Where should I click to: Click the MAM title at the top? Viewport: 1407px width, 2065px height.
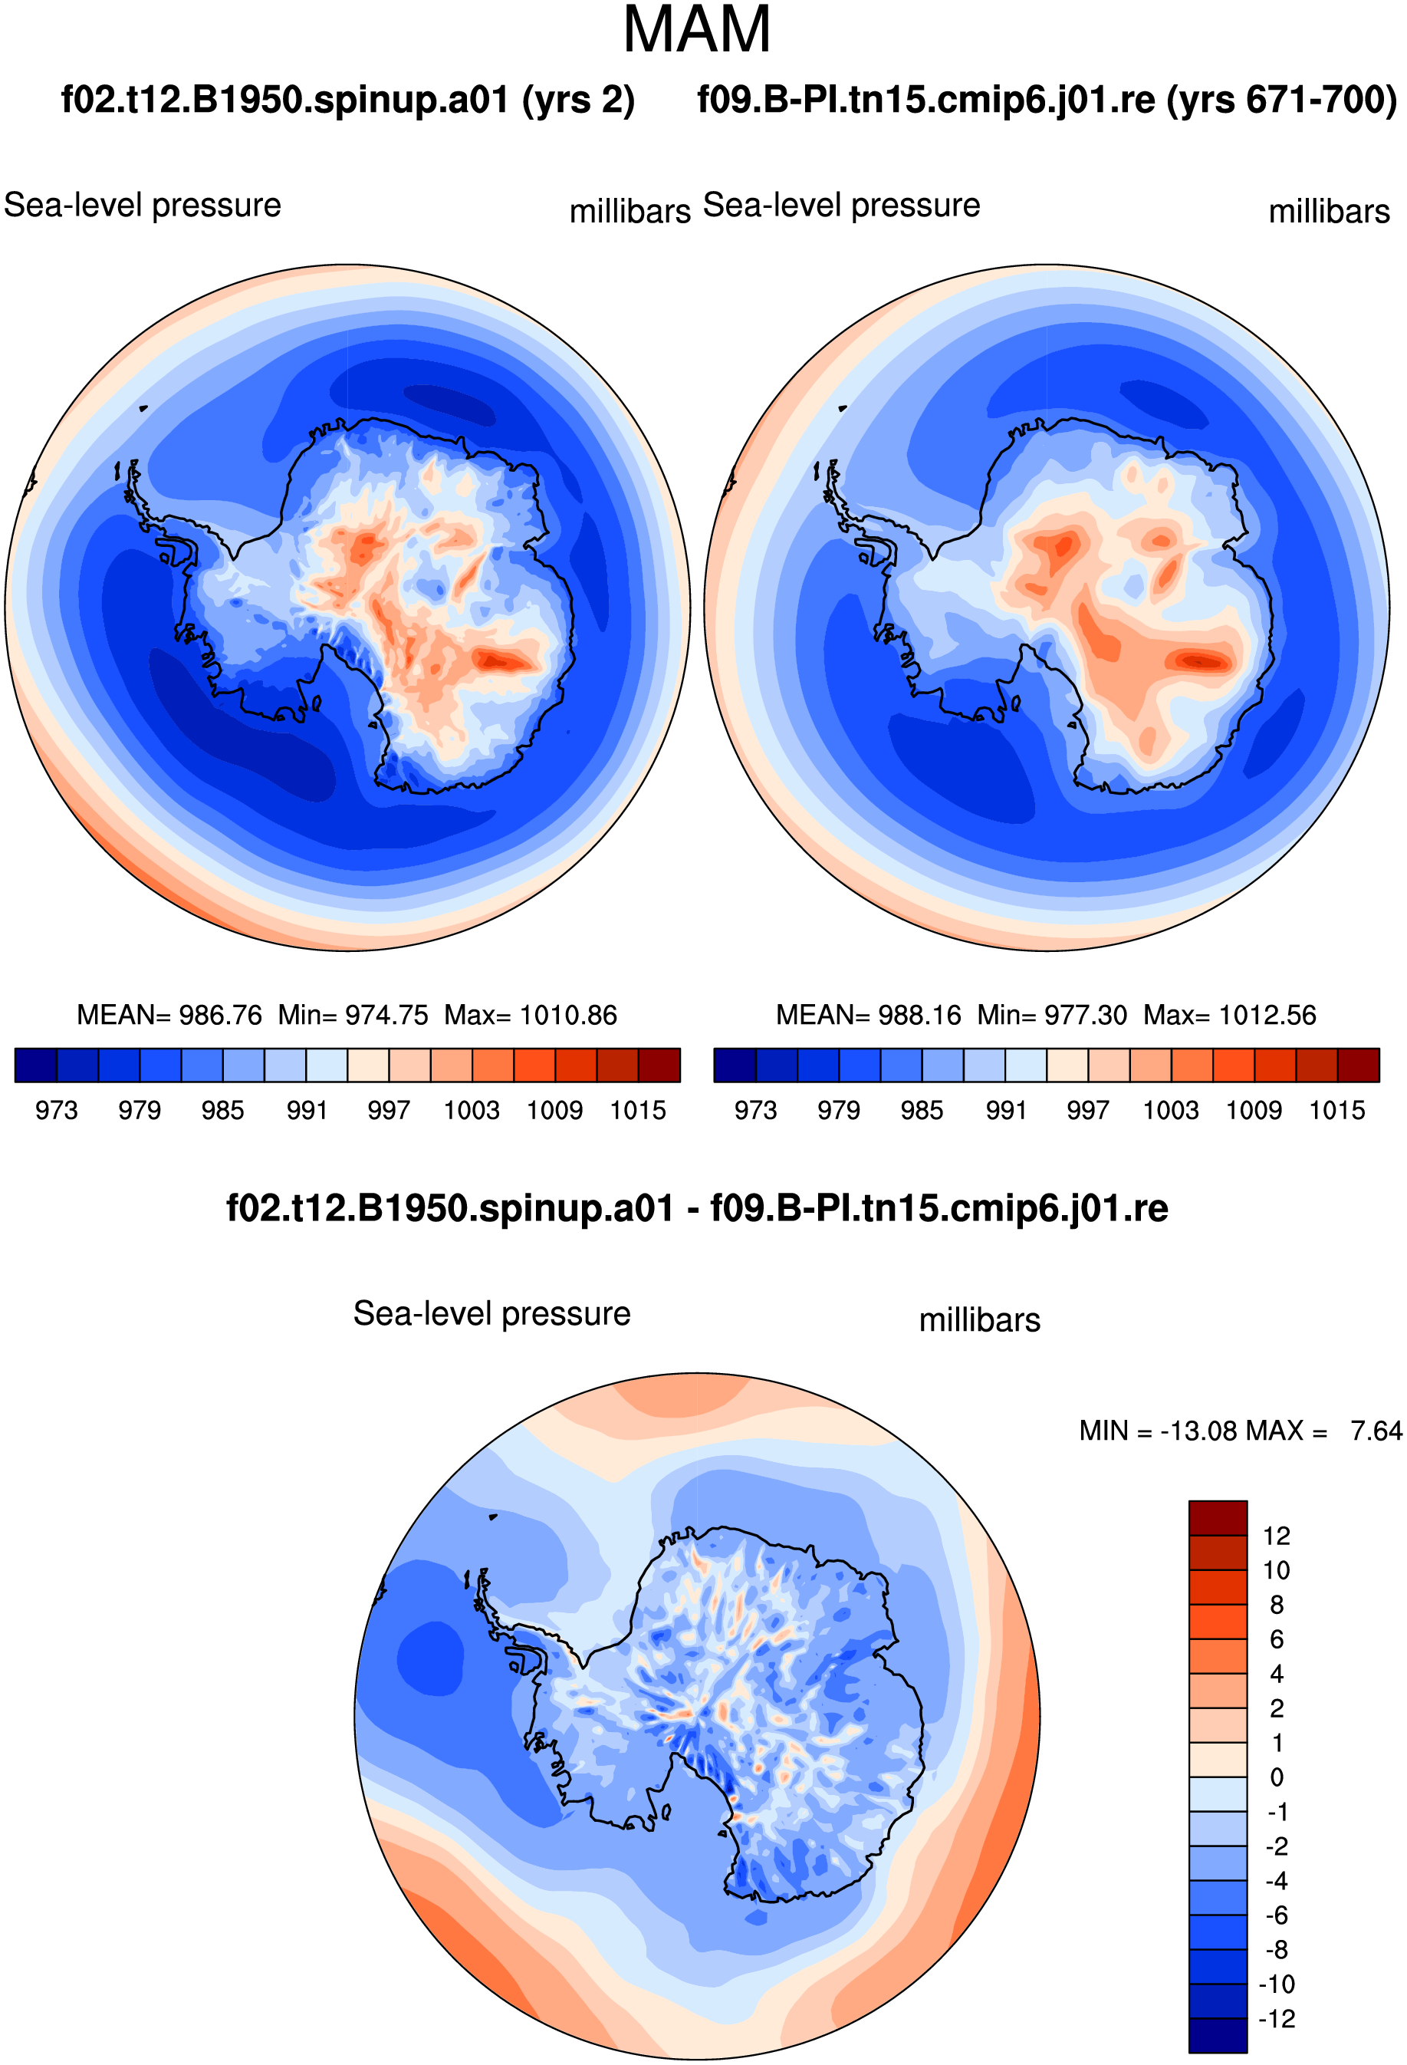(x=696, y=29)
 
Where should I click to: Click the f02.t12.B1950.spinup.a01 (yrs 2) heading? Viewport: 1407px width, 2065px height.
(x=347, y=100)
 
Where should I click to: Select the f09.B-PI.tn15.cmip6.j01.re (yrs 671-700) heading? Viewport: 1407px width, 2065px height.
(x=1047, y=100)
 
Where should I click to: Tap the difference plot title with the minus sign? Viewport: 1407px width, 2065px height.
(x=697, y=1208)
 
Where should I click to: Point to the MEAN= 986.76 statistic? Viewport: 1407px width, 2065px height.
(x=169, y=1015)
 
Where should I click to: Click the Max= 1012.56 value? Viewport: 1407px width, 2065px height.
(x=1229, y=1015)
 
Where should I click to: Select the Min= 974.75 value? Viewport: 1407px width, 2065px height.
(x=353, y=1015)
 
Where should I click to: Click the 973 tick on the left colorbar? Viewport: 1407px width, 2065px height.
(x=56, y=1111)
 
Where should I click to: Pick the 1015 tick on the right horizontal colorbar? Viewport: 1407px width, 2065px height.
(x=1336, y=1111)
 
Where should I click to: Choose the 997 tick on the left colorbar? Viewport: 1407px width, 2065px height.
(x=389, y=1111)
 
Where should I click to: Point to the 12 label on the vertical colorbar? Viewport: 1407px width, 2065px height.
(x=1277, y=1536)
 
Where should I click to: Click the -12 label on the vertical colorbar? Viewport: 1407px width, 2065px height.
(x=1277, y=2019)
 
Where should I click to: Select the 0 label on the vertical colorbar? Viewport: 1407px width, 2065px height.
(x=1277, y=1778)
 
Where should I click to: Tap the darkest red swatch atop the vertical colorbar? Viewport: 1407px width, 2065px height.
(x=1218, y=1517)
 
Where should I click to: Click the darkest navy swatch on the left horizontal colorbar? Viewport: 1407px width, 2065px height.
(x=35, y=1065)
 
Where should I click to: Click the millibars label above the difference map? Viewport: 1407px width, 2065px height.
(x=980, y=1320)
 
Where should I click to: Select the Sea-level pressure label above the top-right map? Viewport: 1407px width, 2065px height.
(x=841, y=206)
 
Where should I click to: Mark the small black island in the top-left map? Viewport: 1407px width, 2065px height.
(x=143, y=408)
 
